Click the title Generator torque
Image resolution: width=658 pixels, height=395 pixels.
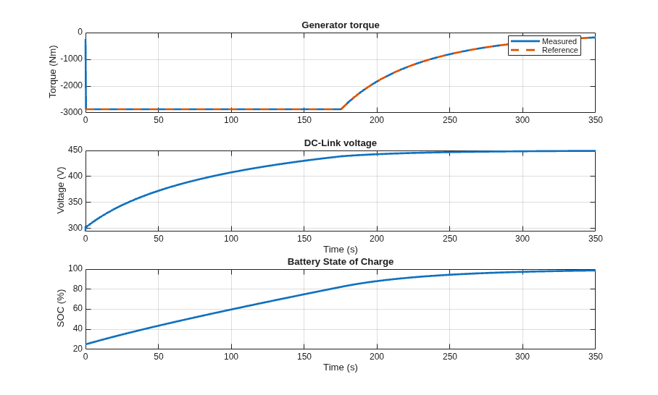click(341, 25)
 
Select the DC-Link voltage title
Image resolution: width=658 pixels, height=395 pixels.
click(341, 143)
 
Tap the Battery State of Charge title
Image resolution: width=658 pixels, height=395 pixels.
click(341, 262)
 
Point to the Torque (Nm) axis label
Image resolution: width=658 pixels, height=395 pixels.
click(52, 72)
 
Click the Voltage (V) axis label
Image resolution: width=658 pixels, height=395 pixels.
click(61, 190)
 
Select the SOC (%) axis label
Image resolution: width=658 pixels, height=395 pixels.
click(61, 308)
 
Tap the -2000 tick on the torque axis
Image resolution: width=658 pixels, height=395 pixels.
click(71, 86)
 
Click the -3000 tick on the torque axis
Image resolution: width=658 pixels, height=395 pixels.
click(71, 112)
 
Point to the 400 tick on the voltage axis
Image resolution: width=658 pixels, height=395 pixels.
click(75, 177)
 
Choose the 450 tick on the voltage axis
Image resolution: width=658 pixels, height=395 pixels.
click(75, 150)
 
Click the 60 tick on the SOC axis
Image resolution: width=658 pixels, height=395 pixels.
click(78, 309)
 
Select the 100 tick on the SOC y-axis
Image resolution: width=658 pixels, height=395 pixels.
click(75, 268)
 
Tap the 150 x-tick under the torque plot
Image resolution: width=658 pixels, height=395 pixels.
click(304, 120)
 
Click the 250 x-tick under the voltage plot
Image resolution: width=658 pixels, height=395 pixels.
click(450, 239)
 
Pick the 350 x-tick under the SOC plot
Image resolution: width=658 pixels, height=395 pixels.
click(595, 357)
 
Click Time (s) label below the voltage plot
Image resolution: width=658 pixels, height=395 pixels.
click(341, 250)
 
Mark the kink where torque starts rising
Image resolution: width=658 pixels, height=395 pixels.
click(341, 109)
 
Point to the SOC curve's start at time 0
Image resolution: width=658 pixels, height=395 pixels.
click(86, 344)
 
